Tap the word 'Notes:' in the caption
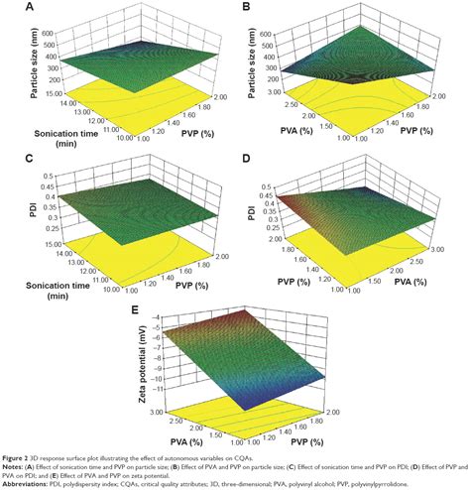tap(15, 465)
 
